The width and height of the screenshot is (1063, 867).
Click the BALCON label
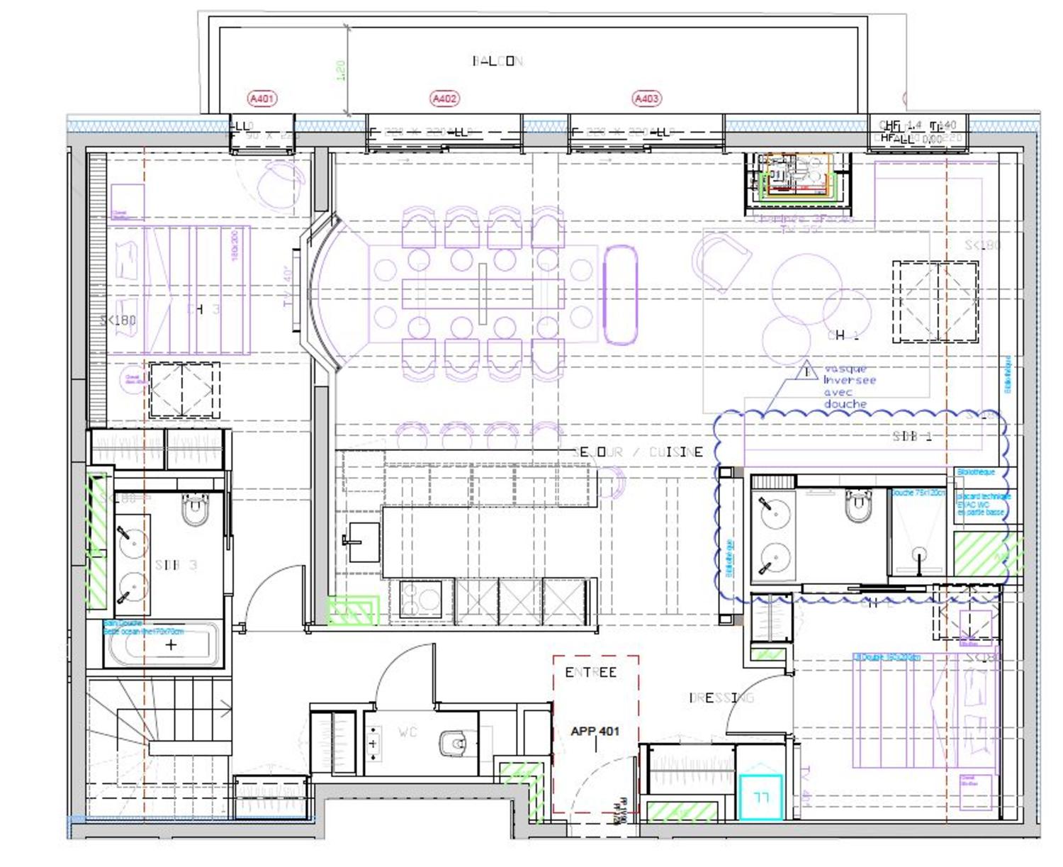[497, 61]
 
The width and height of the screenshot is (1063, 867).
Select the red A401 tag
[261, 99]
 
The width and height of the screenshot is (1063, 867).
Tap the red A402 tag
[444, 99]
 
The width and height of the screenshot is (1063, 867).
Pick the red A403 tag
[646, 99]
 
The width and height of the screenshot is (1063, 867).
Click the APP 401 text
[595, 731]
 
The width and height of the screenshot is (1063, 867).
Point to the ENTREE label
[590, 672]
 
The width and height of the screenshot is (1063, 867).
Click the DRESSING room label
[721, 698]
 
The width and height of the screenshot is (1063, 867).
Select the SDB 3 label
[176, 565]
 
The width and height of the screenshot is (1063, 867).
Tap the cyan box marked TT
[761, 798]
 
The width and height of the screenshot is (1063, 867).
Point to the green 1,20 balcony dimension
[340, 69]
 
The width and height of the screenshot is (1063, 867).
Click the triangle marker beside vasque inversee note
[806, 371]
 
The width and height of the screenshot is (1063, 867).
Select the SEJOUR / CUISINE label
[638, 452]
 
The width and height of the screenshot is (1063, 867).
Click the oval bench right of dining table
[620, 295]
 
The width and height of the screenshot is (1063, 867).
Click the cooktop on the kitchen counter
[420, 600]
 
